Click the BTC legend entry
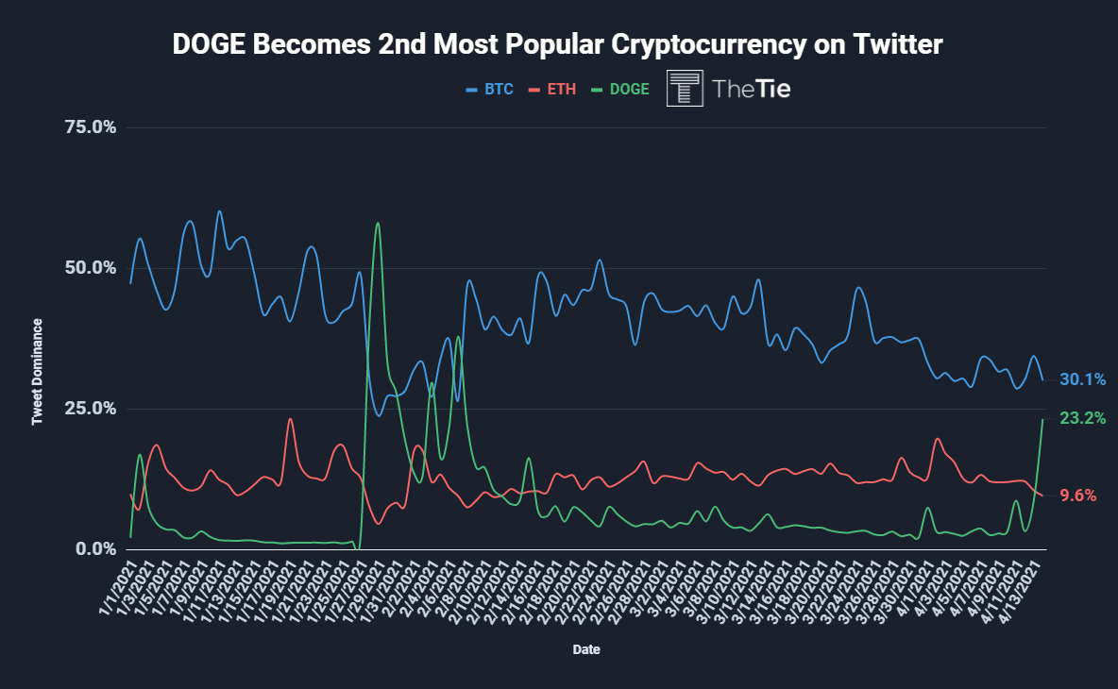[x=490, y=90]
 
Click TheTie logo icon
[x=686, y=88]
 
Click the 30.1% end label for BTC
[x=1082, y=379]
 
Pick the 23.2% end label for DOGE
[x=1082, y=418]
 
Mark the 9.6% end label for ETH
[x=1076, y=495]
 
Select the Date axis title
[x=585, y=650]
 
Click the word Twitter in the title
[x=884, y=44]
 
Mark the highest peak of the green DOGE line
[x=378, y=223]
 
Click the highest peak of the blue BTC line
[x=219, y=211]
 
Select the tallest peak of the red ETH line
[x=290, y=419]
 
